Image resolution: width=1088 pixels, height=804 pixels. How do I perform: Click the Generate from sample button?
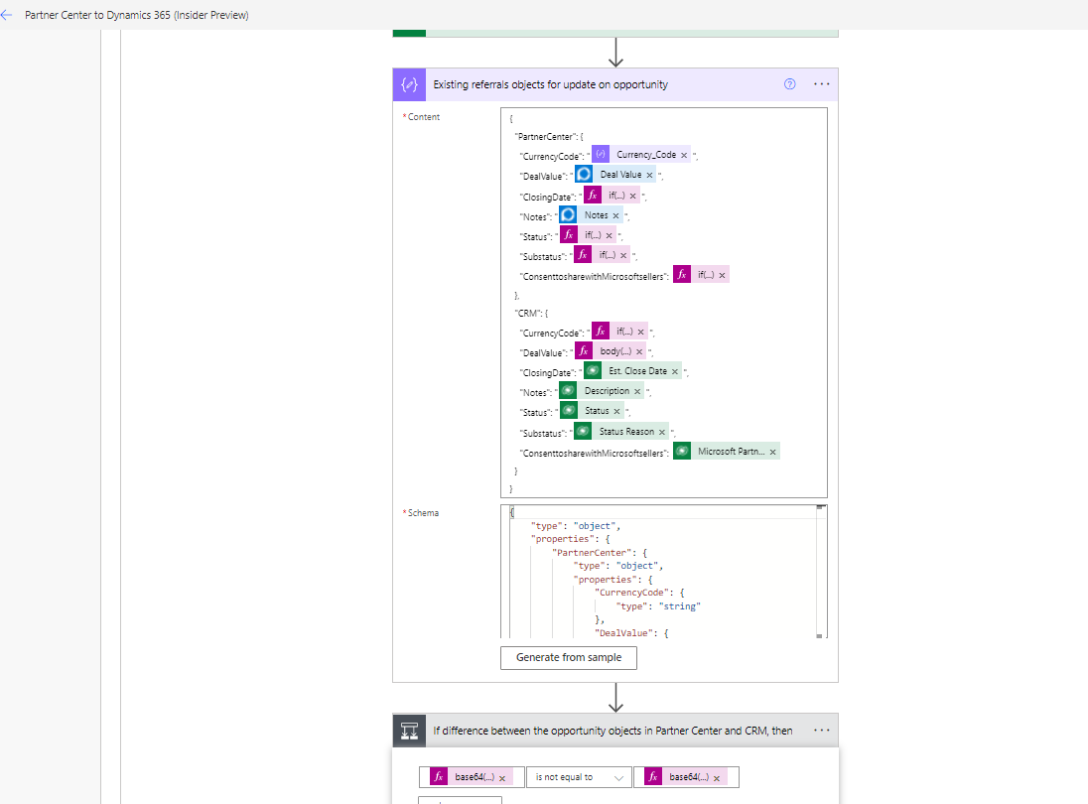coord(568,657)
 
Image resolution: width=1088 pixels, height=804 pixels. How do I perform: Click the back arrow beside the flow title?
coord(7,15)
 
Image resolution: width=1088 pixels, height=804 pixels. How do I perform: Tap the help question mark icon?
coord(789,84)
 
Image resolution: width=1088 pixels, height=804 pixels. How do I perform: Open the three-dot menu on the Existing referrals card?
coord(821,84)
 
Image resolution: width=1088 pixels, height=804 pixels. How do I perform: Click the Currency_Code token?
coord(645,155)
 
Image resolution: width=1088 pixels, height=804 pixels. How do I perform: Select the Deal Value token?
coord(620,175)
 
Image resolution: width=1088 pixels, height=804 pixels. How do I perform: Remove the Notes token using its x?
coord(615,215)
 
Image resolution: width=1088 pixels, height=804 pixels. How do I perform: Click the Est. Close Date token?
coord(637,371)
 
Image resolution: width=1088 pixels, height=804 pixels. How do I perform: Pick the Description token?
coord(607,391)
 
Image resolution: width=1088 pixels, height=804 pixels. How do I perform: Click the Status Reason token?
coord(626,432)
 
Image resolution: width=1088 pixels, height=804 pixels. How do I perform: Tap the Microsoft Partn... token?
coord(731,452)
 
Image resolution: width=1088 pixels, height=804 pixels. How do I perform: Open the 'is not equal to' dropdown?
coord(579,777)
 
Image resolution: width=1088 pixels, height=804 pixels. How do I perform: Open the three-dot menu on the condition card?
coord(821,731)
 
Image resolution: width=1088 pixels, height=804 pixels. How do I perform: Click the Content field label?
coord(424,117)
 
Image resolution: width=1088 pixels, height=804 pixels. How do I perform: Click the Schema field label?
coord(423,513)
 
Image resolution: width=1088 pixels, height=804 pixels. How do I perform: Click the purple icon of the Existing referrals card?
coord(409,84)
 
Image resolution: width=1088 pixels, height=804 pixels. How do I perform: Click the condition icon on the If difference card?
coord(409,731)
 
